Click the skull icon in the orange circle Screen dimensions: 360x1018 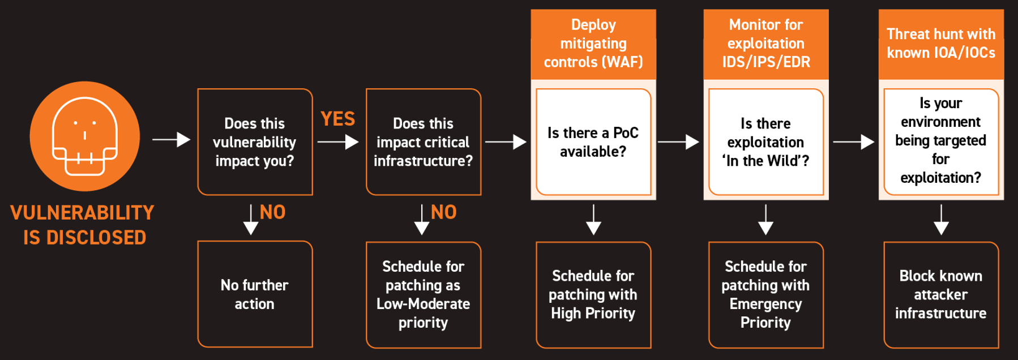[85, 136]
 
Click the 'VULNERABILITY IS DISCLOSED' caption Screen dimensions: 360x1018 [83, 225]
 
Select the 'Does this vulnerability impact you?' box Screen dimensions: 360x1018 [255, 142]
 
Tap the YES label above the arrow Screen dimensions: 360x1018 [337, 119]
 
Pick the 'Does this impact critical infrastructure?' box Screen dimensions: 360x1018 [424, 142]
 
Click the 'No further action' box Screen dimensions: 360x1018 [255, 294]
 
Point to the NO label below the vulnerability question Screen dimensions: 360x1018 [272, 212]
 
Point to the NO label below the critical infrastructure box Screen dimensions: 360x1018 [443, 212]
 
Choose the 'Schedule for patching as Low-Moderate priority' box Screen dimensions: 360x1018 [424, 294]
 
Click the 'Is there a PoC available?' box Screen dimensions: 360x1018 [593, 142]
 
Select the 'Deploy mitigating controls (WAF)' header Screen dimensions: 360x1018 [593, 44]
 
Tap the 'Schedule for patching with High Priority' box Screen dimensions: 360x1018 [593, 294]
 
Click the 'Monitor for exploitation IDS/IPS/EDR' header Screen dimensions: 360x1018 [766, 44]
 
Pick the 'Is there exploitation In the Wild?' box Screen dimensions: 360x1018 [766, 142]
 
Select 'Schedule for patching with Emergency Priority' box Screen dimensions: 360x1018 [766, 294]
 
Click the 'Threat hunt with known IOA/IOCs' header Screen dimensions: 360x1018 [941, 44]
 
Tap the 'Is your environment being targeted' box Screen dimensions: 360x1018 [941, 141]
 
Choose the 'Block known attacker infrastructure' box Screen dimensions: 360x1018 [941, 294]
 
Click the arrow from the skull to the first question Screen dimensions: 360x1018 [171, 139]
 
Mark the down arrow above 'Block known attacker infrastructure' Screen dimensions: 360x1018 [941, 220]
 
